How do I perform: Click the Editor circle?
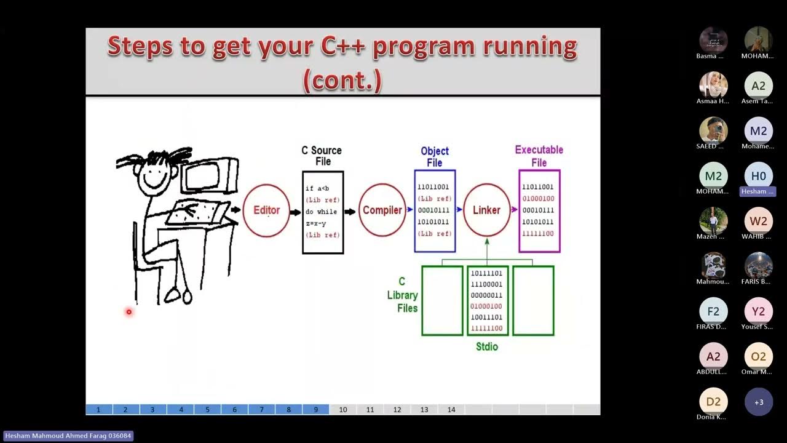point(266,210)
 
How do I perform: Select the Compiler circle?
point(382,210)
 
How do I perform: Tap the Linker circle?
point(486,210)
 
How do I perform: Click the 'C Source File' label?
point(322,156)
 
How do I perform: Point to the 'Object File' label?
point(435,157)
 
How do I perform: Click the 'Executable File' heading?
point(539,156)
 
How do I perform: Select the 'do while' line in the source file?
point(321,212)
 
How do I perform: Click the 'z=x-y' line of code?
point(316,223)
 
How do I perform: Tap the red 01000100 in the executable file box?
point(537,199)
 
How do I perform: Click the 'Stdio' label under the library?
point(487,347)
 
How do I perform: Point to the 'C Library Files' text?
point(403,295)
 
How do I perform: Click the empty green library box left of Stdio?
point(442,301)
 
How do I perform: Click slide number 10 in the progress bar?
point(343,410)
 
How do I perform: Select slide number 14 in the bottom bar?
point(451,410)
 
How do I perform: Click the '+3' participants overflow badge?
point(758,402)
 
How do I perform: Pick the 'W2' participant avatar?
point(758,221)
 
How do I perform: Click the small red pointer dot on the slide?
point(129,312)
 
